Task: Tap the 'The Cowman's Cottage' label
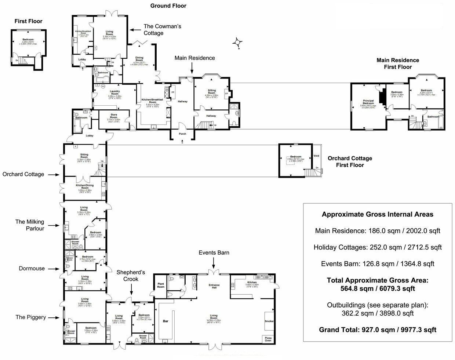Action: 162,30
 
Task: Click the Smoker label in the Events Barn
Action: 269,321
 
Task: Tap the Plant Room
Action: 161,285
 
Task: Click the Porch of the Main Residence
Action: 182,134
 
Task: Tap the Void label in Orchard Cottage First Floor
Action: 317,156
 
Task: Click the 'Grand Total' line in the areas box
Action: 377,330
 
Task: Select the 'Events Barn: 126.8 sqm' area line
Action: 377,263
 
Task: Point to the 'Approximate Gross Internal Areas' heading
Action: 377,214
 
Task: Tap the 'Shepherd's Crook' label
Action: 131,275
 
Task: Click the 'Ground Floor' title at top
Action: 168,6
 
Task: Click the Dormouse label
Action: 32,268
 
